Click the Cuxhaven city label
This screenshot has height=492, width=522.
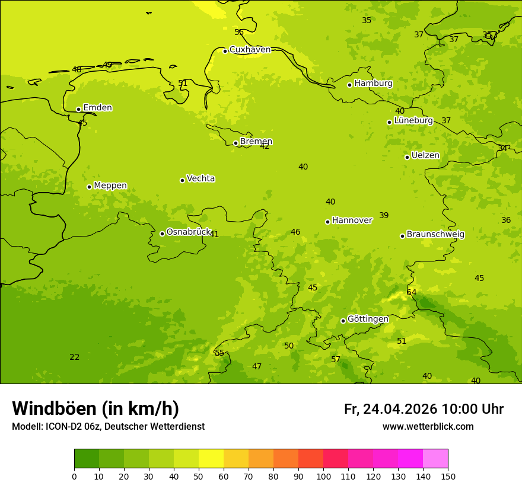click(250, 50)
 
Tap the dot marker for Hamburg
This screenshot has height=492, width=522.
click(350, 85)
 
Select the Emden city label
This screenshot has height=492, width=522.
click(97, 108)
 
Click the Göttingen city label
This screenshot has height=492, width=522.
click(368, 319)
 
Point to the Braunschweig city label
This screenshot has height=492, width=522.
click(435, 234)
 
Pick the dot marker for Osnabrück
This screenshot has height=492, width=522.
click(162, 234)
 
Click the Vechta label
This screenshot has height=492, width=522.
click(200, 178)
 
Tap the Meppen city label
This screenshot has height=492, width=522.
click(110, 186)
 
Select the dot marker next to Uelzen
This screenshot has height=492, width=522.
click(407, 157)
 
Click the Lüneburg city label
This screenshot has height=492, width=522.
click(413, 120)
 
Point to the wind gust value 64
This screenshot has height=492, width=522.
click(412, 292)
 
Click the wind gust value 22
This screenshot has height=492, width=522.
click(74, 357)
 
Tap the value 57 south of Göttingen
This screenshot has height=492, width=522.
click(336, 359)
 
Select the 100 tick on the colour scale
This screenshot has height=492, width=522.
click(323, 476)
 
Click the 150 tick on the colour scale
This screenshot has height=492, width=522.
click(448, 476)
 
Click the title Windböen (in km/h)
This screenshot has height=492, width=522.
click(96, 408)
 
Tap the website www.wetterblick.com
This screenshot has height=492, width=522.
click(428, 427)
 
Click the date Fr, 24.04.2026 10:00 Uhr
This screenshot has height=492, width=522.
click(424, 409)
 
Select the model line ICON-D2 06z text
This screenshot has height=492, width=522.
click(108, 427)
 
